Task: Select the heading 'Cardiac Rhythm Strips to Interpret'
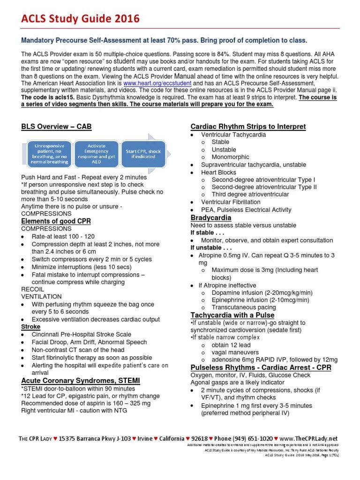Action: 248,127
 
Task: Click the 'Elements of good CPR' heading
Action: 56,221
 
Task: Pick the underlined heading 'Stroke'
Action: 31,327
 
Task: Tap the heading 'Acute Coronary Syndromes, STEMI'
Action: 81,380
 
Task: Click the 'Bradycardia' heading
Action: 210,218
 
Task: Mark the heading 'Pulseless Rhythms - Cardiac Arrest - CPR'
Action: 261,367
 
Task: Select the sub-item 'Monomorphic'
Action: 230,157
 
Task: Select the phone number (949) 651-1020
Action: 252,438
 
